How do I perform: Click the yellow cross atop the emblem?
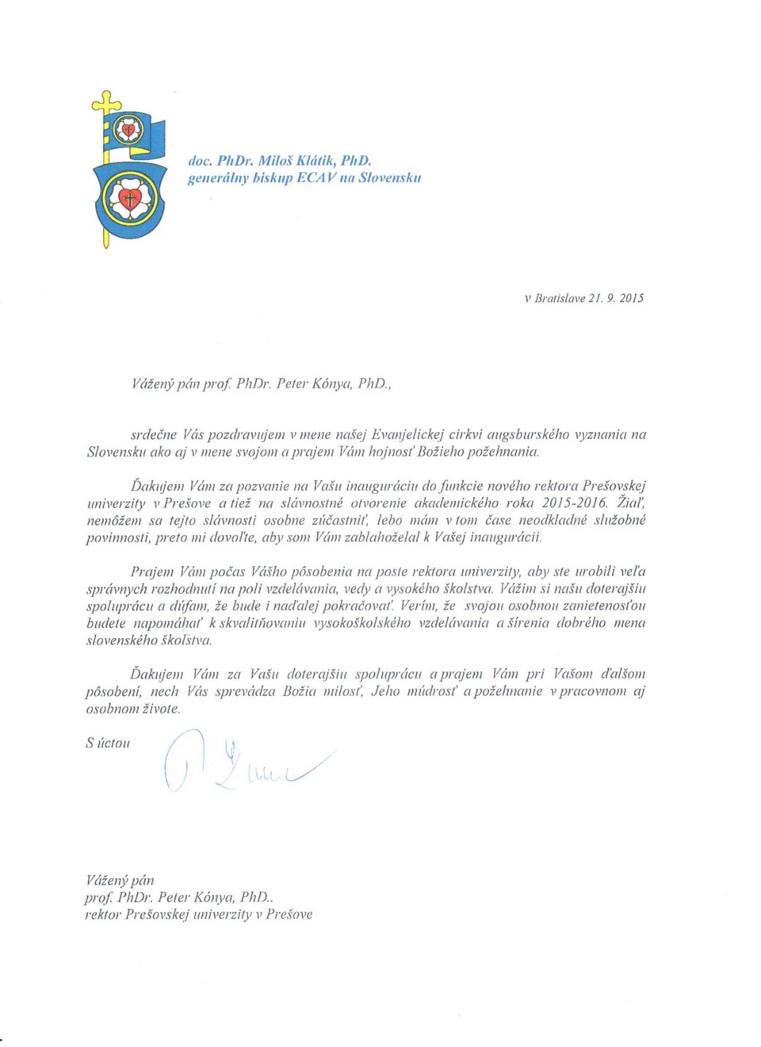106,101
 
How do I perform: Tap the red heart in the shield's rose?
130,197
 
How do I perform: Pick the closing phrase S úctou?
108,743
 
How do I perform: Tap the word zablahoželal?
386,537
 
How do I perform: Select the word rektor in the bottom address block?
103,915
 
